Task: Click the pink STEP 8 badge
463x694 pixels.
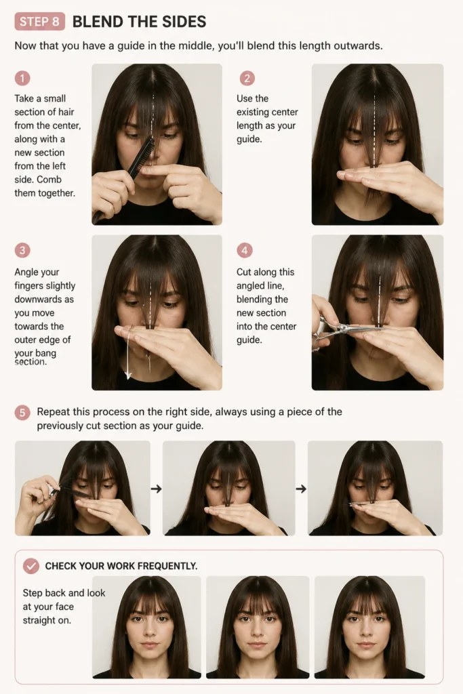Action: click(40, 21)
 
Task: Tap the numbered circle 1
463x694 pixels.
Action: click(22, 79)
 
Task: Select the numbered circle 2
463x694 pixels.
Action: click(247, 79)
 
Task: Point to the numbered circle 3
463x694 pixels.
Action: click(22, 250)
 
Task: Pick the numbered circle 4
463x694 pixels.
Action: click(244, 250)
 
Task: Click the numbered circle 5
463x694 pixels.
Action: click(22, 413)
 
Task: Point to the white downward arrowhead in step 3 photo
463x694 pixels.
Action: click(128, 375)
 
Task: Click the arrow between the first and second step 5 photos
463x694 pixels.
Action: click(156, 489)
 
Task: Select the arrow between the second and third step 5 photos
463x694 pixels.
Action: click(301, 489)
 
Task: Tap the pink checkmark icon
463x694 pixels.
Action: click(31, 566)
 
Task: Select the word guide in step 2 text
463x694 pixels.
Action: click(249, 140)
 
